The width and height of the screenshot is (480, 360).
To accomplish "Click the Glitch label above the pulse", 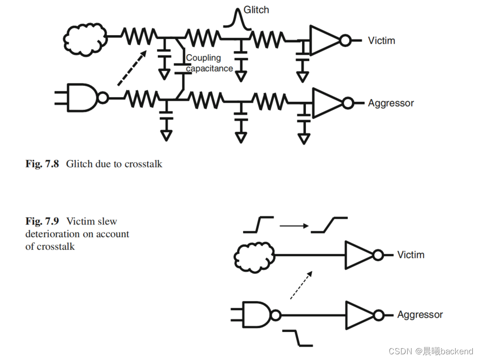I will tap(256, 10).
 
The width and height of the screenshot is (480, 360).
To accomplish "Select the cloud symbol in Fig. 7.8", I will tap(85, 36).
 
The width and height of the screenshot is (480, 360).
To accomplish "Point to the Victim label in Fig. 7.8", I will tap(381, 40).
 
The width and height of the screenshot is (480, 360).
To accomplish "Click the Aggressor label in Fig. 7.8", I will tap(391, 103).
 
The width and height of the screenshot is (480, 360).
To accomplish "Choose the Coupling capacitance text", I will tap(209, 63).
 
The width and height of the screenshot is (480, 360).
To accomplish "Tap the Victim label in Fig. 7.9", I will tap(411, 255).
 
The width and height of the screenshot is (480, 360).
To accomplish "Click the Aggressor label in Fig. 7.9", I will tap(420, 314).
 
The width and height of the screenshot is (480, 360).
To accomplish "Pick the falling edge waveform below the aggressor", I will tap(298, 338).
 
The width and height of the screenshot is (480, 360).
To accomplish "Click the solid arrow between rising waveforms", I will tap(294, 226).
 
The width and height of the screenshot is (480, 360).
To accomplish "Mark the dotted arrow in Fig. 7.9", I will tap(301, 285).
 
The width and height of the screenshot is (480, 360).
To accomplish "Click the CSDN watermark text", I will tap(431, 351).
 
